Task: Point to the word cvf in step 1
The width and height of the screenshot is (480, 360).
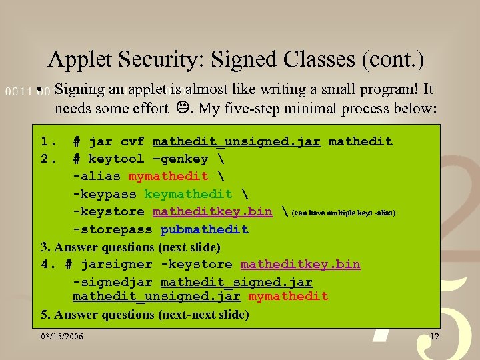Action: (x=133, y=141)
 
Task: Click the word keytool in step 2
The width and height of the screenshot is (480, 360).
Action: (x=116, y=159)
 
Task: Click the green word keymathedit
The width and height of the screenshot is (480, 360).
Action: (x=189, y=194)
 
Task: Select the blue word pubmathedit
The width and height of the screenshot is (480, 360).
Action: (x=204, y=229)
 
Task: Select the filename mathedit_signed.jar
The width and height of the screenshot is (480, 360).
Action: (x=236, y=282)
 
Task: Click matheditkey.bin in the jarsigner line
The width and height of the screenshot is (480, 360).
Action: (x=300, y=265)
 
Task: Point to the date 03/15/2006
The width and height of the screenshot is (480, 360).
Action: (x=62, y=337)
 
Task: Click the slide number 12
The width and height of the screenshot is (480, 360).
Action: (x=435, y=337)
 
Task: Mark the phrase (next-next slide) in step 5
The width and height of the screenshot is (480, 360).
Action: (x=203, y=314)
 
